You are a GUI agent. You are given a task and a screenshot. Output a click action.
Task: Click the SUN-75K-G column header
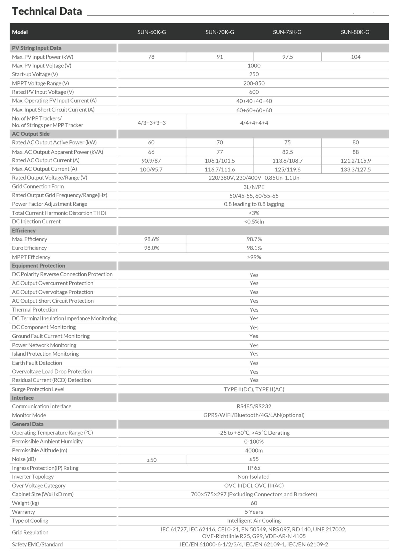pos(287,32)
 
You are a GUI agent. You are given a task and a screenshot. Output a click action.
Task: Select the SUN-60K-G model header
pos(151,32)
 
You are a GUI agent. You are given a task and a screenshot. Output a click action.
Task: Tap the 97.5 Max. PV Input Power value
pos(288,57)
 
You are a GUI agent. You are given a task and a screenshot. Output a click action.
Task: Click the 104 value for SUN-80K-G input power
pos(356,57)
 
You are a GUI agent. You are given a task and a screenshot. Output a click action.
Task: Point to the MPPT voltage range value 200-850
pos(254,83)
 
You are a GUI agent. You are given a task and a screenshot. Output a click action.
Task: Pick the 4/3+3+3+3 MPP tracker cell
pos(151,123)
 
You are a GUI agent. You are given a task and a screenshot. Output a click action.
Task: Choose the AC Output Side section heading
pos(31,134)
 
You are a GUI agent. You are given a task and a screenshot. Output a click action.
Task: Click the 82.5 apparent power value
pos(288,152)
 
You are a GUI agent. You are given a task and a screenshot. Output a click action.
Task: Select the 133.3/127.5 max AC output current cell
pos(356,170)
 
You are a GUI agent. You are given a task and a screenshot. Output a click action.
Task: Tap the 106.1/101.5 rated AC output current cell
pos(220,161)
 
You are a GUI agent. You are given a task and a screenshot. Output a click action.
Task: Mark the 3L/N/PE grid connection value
pos(254,187)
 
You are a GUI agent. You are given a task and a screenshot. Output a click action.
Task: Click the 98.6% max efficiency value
pos(152,239)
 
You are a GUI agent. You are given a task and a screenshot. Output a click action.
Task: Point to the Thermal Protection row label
pos(34,310)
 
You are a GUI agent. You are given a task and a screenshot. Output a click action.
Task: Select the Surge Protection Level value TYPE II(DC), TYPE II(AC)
pos(254,389)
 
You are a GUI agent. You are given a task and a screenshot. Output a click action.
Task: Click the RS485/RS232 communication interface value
pos(254,406)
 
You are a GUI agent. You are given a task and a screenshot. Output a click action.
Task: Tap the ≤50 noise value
pos(152,460)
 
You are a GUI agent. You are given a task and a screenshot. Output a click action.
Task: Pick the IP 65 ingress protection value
pos(254,468)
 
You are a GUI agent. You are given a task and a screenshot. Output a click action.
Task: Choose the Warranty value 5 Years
pos(254,512)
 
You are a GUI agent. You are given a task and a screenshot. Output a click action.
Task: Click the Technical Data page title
pos(47,11)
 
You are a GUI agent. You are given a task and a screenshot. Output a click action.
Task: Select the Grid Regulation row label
pos(30,532)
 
